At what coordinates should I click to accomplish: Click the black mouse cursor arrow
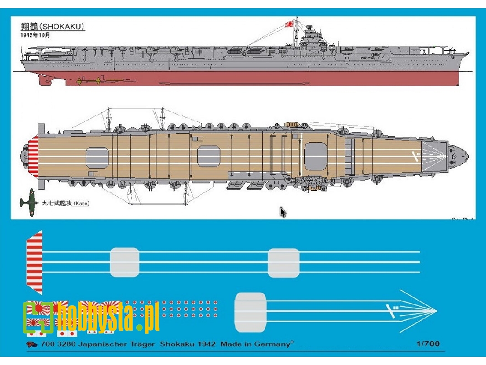point(283,212)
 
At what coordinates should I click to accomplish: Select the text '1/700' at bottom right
point(428,344)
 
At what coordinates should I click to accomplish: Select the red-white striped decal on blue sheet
point(35,262)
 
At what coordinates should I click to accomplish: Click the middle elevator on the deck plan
point(209,156)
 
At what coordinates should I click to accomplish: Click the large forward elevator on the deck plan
point(316,156)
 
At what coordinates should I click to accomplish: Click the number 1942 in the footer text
point(205,344)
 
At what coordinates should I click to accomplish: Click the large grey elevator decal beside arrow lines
point(250,312)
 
